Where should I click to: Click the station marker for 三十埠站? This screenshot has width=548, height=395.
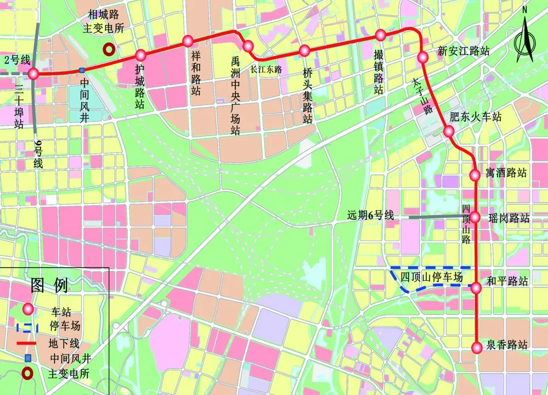pos(33,74)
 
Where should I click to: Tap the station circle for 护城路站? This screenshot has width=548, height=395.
pos(140,55)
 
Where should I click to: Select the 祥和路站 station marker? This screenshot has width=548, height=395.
pos(188,41)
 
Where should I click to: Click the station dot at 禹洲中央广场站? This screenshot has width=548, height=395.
pos(248,46)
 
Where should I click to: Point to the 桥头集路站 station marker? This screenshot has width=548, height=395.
pos(304,51)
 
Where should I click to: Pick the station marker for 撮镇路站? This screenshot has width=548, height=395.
pos(381,35)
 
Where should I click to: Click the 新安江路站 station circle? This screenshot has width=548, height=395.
pos(422,57)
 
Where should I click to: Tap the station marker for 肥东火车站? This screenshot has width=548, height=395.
pos(448,131)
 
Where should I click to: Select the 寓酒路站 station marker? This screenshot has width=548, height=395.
pos(475,175)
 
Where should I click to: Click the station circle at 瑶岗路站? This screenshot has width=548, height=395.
pos(476,217)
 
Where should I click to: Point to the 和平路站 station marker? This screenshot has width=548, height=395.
pos(476,286)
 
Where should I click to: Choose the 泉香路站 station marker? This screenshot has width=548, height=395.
pos(476,347)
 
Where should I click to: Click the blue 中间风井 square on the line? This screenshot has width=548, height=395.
pos(81,70)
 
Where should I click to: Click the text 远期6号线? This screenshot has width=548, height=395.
pos(371,216)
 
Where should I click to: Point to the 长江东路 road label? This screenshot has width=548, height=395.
pos(265,70)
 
